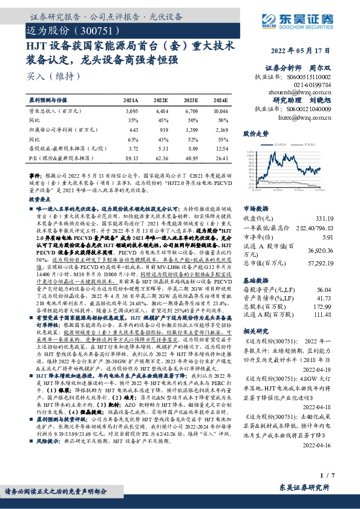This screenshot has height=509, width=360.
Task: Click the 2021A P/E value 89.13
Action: (x=131, y=158)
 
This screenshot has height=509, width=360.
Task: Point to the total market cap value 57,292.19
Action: (x=336, y=264)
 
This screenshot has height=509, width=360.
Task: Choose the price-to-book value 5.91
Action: (x=343, y=238)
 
